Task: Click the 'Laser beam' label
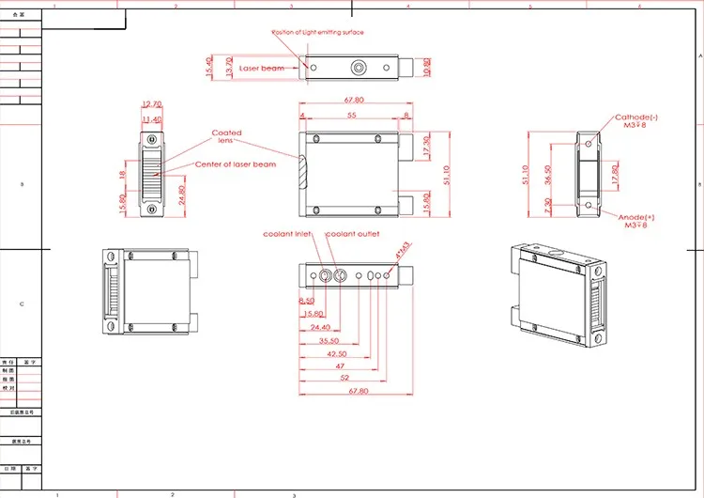click(260, 69)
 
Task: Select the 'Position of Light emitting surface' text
click(316, 32)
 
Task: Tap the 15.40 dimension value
click(208, 68)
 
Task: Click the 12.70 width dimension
click(151, 104)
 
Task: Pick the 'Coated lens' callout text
click(226, 136)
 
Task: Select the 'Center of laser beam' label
click(236, 164)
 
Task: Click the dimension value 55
click(351, 115)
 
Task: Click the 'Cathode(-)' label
click(635, 117)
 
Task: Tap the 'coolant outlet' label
click(352, 234)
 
